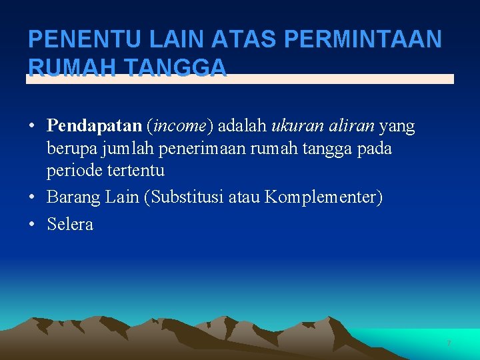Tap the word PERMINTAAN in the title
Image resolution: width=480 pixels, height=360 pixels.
tap(363, 40)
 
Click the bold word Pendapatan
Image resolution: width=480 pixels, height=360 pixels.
tap(94, 125)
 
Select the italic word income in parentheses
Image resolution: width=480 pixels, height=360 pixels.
tap(179, 125)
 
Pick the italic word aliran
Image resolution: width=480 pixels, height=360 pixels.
tap(351, 125)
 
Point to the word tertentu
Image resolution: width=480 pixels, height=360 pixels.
tap(134, 170)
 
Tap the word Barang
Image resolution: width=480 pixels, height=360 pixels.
tap(71, 197)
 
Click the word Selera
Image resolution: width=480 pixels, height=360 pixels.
tap(70, 224)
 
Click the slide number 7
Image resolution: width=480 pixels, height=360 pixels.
tap(449, 343)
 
